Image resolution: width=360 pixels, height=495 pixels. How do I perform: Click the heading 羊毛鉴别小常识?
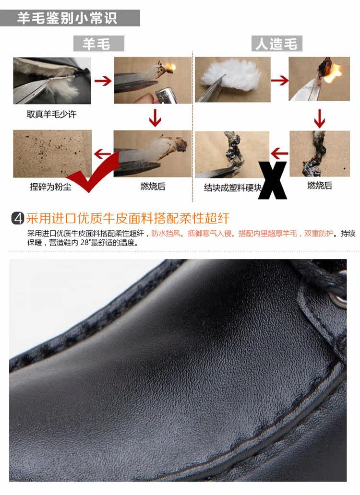point(67,18)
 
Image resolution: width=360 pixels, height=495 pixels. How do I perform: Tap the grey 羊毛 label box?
point(99,44)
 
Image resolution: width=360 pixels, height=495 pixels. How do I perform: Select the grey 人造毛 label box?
point(276,44)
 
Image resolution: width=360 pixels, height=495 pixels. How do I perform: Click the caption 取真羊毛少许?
point(51,114)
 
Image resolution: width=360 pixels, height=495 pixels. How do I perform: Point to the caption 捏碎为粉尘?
point(50,187)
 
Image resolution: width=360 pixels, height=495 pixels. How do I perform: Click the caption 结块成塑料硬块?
point(233,188)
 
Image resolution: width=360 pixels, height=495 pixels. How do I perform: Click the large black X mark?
point(272,180)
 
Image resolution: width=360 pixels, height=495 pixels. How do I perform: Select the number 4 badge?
point(18,218)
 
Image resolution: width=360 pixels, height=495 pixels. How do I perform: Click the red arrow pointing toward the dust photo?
point(103,154)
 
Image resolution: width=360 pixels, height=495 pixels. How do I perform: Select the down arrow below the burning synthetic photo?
point(320,118)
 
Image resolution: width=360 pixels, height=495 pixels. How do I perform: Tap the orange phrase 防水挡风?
point(166,234)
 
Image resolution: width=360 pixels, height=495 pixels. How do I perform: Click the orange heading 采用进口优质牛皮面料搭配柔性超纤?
point(128,218)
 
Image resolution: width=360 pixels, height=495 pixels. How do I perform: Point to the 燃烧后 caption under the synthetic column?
point(320,185)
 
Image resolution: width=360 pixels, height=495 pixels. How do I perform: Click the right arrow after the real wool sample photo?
point(103,81)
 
